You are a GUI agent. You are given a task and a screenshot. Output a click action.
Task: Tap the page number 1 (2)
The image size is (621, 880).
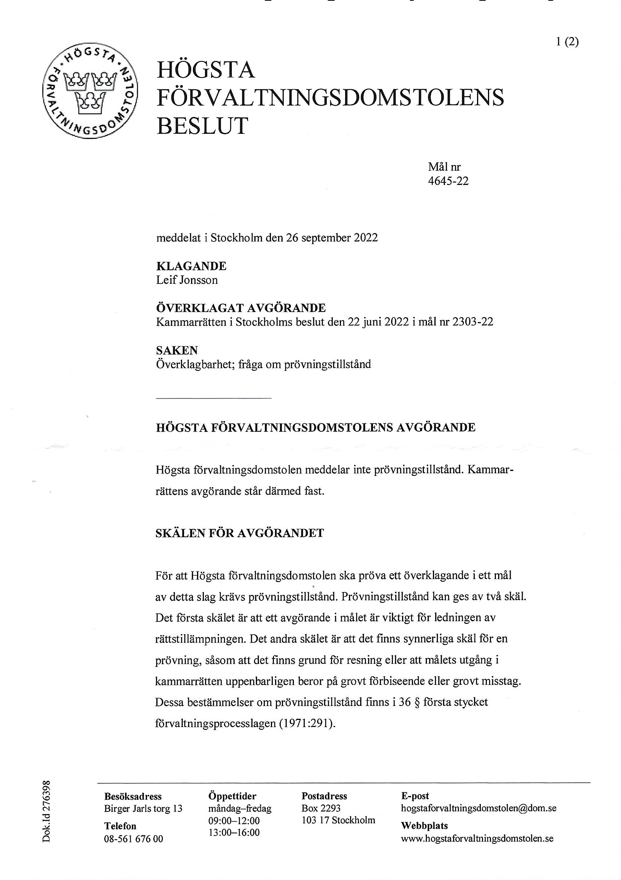coord(567,42)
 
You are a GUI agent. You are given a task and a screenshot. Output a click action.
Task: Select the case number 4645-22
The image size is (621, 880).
coord(448,180)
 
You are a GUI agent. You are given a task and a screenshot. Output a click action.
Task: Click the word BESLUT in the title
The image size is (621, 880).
coord(202,126)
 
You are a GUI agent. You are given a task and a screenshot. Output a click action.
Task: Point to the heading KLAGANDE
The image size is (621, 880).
coord(191,266)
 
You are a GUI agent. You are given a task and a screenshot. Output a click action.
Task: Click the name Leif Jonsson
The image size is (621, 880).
coord(187,280)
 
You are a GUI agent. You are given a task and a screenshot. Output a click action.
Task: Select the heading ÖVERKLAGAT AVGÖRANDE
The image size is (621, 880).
coord(241,307)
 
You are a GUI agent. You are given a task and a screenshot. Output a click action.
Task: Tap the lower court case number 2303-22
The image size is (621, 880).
coord(472,322)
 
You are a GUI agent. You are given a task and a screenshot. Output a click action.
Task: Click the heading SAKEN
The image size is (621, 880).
coord(177,350)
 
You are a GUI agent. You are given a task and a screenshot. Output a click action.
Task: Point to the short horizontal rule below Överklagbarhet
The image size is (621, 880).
coord(214,398)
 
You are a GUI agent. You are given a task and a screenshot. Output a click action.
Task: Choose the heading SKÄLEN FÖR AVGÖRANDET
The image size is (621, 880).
coord(240,533)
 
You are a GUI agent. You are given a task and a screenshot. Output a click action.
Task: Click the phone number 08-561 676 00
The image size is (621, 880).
coord(133,839)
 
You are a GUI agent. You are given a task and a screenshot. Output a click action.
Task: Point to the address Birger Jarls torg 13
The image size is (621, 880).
coord(143,808)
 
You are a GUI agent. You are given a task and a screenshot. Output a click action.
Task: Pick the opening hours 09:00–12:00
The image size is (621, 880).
coord(234,820)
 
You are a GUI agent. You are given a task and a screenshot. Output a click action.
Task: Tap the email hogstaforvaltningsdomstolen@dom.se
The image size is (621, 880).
coord(479,808)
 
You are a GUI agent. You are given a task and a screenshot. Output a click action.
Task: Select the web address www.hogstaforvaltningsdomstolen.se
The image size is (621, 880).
coord(477,838)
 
